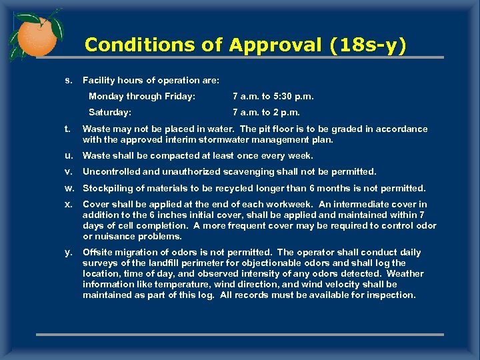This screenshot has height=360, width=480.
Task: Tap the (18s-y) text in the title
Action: point(369,45)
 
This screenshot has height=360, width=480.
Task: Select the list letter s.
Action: point(68,81)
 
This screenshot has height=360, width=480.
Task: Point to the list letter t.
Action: point(68,129)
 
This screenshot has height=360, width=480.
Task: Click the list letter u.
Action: point(68,156)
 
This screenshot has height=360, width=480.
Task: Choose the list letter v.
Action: point(68,172)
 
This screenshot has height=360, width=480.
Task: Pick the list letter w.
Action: point(69,188)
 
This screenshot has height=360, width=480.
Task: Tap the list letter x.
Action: point(68,204)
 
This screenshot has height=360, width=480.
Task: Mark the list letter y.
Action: point(68,253)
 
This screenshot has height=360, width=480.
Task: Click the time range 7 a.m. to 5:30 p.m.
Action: point(273,97)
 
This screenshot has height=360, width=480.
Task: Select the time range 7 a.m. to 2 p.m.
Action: point(266,113)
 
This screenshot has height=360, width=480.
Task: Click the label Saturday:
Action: point(110,113)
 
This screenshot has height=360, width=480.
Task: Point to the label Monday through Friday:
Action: point(142,97)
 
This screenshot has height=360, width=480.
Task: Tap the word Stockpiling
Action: point(108,188)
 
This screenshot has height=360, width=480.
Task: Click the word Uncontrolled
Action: point(111,172)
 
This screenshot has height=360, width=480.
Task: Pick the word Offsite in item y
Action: point(97,252)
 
